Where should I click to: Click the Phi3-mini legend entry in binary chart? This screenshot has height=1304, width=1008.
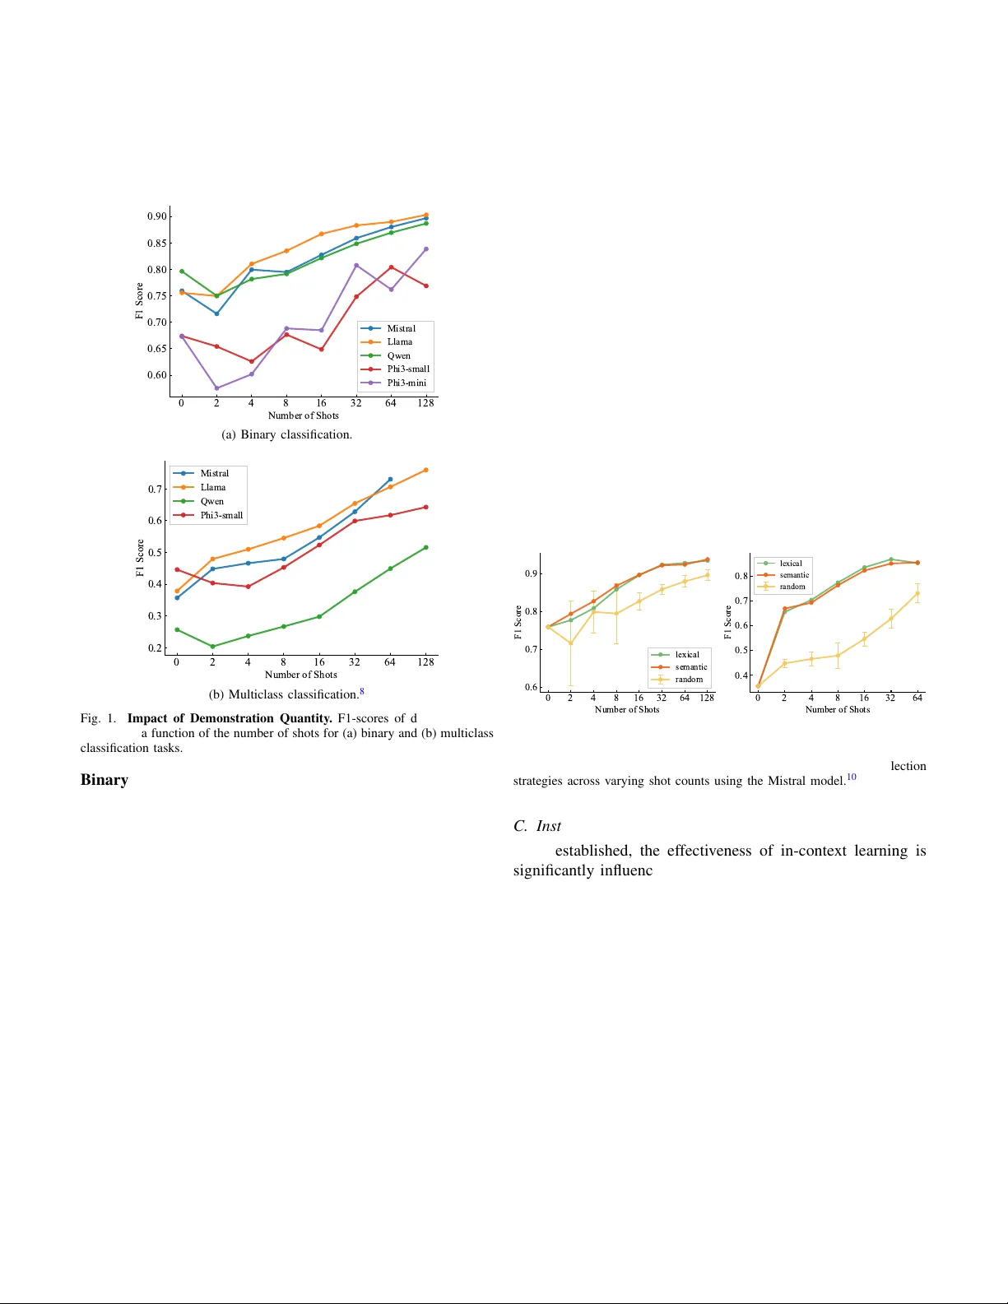click(x=406, y=383)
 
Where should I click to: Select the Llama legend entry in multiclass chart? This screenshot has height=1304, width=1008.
click(x=212, y=487)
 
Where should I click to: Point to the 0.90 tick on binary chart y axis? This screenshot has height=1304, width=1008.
click(x=156, y=216)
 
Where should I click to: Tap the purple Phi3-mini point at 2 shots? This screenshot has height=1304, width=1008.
click(x=216, y=388)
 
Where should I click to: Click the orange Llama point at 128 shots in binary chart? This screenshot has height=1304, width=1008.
click(x=425, y=215)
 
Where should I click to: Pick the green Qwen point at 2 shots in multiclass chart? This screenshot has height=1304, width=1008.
click(x=212, y=647)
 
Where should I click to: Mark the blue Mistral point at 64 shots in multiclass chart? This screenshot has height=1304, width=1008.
click(x=390, y=479)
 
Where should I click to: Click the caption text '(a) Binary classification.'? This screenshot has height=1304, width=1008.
click(x=286, y=434)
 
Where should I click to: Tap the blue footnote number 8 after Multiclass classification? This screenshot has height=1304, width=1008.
click(x=362, y=692)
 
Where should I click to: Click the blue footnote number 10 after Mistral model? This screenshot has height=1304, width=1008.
click(x=852, y=777)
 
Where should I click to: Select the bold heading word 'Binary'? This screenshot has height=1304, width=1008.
click(x=105, y=780)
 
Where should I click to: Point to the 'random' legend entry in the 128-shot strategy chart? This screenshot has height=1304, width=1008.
click(x=689, y=680)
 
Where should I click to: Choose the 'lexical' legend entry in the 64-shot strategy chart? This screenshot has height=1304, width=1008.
click(x=790, y=564)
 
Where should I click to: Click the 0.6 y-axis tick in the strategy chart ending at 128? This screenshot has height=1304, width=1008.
click(x=531, y=687)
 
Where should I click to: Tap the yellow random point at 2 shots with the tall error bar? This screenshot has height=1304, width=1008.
click(x=570, y=643)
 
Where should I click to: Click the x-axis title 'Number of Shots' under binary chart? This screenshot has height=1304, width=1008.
click(x=303, y=415)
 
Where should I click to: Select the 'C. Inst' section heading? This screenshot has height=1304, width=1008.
click(x=537, y=826)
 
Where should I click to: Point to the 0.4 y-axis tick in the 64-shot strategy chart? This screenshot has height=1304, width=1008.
click(x=741, y=675)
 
